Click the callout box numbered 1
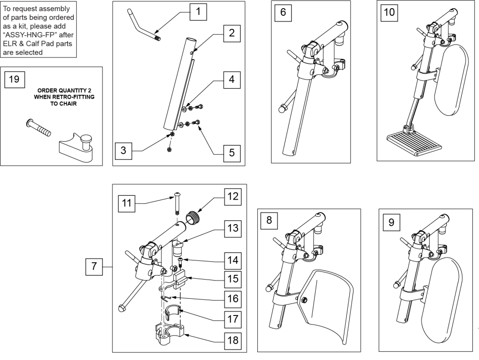pyautogui.click(x=198, y=12)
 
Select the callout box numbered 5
pyautogui.click(x=232, y=153)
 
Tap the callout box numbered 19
pyautogui.click(x=14, y=79)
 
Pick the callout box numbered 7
pyautogui.click(x=94, y=267)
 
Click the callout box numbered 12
pyautogui.click(x=233, y=197)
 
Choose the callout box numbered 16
pyautogui.click(x=233, y=299)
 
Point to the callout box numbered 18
pyautogui.click(x=233, y=340)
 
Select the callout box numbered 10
pyautogui.click(x=389, y=12)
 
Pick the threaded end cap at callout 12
pyautogui.click(x=193, y=217)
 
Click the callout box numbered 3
pyautogui.click(x=124, y=151)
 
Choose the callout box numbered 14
pyautogui.click(x=233, y=260)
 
